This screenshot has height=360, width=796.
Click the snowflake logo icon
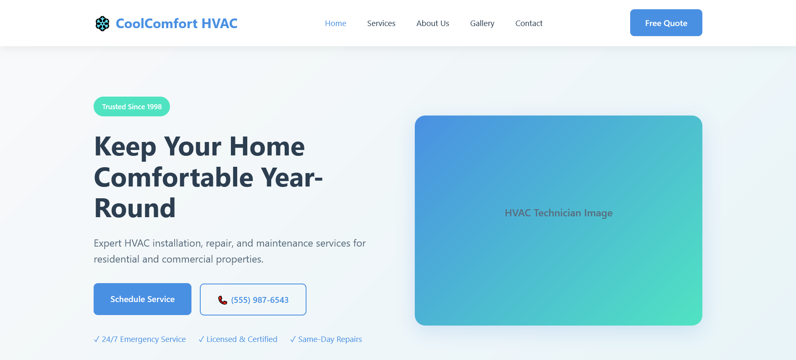click(x=102, y=24)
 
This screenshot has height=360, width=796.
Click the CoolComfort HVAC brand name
click(x=176, y=24)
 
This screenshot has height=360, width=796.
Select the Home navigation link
click(x=335, y=24)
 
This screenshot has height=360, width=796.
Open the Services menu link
click(x=381, y=24)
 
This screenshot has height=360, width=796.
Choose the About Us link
click(x=432, y=24)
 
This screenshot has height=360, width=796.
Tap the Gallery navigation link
click(x=482, y=24)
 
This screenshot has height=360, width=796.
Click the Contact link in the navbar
click(x=529, y=24)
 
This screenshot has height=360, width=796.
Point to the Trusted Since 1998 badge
click(x=132, y=107)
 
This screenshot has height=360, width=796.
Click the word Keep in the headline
click(x=125, y=147)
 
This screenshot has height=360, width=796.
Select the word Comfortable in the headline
click(x=174, y=178)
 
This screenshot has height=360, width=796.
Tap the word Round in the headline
click(x=135, y=208)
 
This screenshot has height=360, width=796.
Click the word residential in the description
click(x=116, y=259)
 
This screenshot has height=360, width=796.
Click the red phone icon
click(x=223, y=300)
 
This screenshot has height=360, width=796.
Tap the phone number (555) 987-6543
click(x=260, y=300)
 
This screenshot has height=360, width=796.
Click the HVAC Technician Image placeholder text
click(x=558, y=213)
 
